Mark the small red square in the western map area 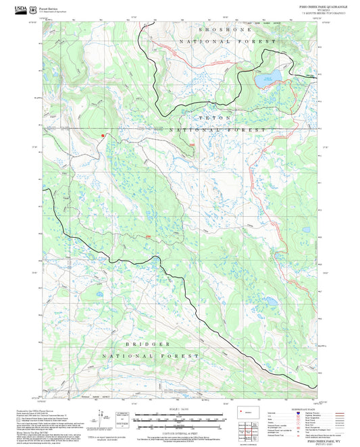click(102, 136)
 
